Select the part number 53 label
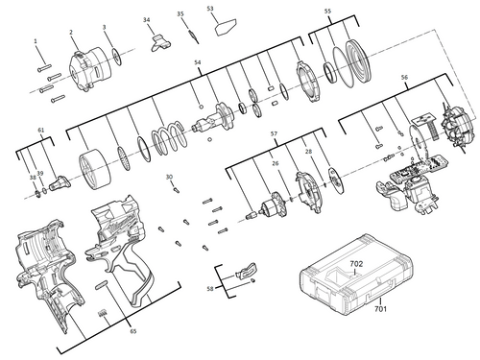[210, 9]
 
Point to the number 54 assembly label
[198, 63]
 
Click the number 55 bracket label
[327, 12]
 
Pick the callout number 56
[404, 77]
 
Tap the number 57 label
[274, 132]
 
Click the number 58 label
[210, 288]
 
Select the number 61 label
[41, 130]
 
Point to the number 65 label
[132, 330]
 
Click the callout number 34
[146, 20]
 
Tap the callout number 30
[169, 177]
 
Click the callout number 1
[36, 41]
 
